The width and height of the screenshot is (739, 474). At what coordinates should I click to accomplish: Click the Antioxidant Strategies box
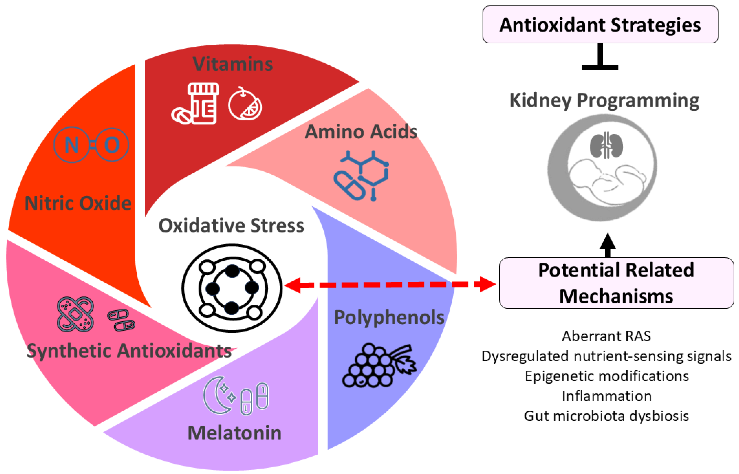600,25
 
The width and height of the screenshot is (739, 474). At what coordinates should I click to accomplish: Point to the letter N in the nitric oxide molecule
72,145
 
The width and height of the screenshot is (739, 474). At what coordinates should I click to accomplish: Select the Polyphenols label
389,317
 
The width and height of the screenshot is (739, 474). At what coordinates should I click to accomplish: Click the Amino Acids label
361,132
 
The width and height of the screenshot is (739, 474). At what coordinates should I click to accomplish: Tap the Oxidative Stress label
231,226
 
